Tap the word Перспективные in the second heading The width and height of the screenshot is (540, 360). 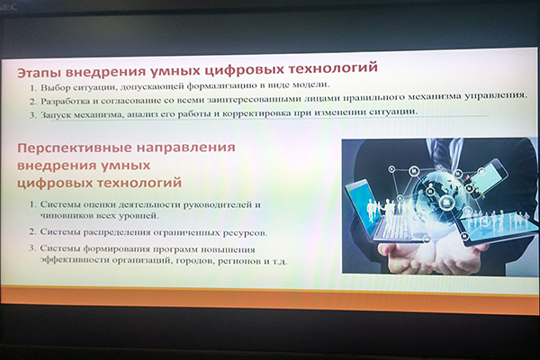point(74,148)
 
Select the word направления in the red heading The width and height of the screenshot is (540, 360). point(186,148)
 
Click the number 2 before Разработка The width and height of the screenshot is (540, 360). point(32,102)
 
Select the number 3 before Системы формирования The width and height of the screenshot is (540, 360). point(32,248)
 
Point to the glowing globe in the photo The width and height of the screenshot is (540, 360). point(436,193)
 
